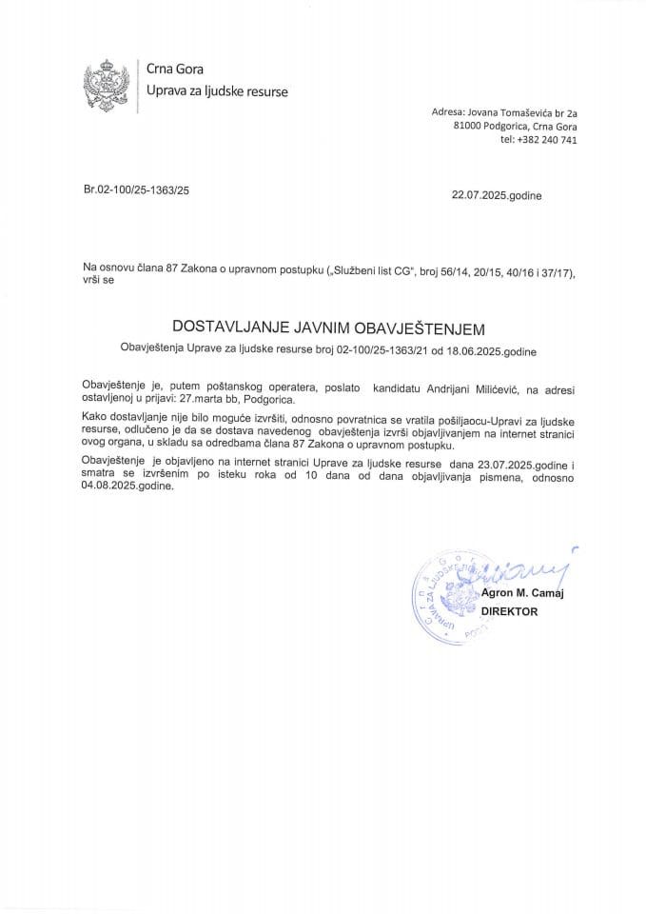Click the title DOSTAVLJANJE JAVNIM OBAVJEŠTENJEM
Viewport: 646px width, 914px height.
click(x=327, y=328)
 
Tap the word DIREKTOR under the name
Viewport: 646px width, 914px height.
click(x=510, y=612)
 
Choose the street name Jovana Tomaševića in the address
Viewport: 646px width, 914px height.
click(x=514, y=111)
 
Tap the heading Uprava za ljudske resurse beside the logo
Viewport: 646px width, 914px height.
click(x=216, y=91)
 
